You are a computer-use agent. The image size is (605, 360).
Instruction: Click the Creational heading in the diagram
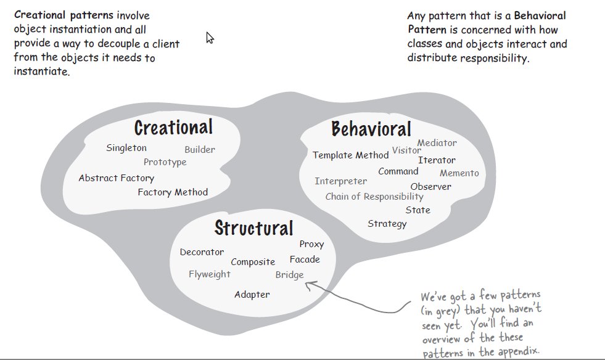click(173, 128)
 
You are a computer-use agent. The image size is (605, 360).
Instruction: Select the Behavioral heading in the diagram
click(371, 129)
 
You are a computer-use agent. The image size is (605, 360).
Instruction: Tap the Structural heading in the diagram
click(253, 228)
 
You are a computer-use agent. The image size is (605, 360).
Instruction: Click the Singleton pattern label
click(126, 148)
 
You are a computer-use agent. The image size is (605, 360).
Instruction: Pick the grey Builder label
click(200, 150)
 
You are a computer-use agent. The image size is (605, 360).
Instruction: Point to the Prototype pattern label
click(165, 162)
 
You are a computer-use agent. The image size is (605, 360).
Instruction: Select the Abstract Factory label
click(116, 178)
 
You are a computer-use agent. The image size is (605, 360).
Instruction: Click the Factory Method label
click(173, 192)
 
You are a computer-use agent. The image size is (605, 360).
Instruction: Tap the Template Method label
click(350, 155)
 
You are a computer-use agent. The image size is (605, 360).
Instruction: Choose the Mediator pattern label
click(437, 143)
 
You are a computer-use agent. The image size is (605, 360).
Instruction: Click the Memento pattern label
click(459, 173)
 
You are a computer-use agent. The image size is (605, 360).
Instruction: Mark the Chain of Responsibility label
click(374, 197)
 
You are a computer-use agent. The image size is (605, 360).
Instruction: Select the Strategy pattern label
click(387, 223)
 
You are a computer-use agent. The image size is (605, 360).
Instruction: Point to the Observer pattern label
click(430, 186)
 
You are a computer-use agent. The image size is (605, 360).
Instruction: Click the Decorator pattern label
click(202, 252)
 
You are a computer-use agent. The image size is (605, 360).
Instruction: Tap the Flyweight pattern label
click(209, 274)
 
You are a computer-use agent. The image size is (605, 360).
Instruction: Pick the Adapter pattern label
click(252, 295)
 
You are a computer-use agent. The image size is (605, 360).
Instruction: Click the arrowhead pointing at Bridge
click(309, 284)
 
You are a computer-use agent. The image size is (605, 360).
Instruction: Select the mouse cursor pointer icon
click(210, 38)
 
